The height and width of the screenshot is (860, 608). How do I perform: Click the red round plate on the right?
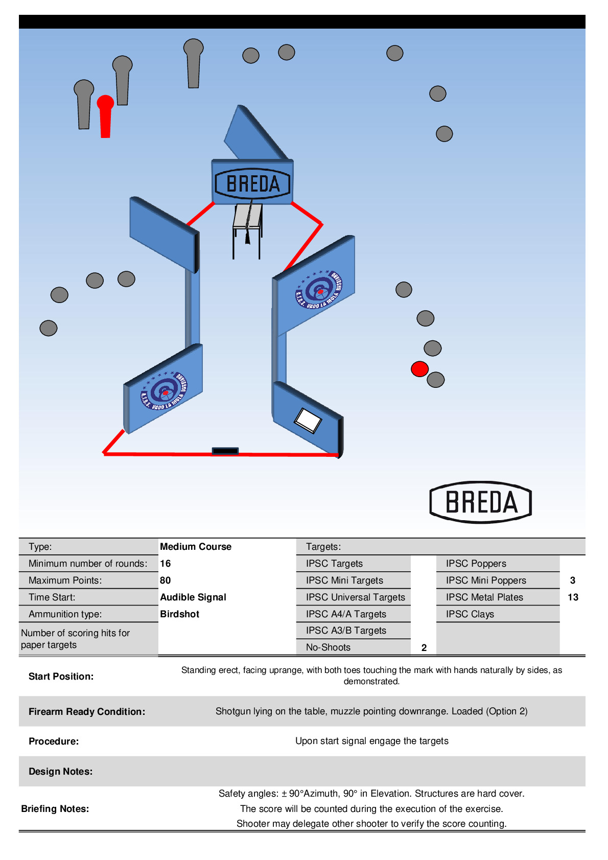click(x=419, y=369)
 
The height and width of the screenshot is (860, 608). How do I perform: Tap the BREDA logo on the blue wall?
click(x=252, y=183)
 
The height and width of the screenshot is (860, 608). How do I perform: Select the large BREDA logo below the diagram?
click(x=481, y=502)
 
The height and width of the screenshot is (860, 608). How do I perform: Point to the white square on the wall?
click(x=308, y=420)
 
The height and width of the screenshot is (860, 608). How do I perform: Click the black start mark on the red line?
click(x=225, y=451)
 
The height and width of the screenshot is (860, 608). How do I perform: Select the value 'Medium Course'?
click(x=196, y=547)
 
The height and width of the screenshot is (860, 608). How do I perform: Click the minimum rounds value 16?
click(x=166, y=564)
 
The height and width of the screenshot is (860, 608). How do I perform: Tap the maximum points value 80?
click(x=166, y=580)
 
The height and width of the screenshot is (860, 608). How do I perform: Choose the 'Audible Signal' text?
click(x=193, y=597)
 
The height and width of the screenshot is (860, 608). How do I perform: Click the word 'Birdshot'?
click(x=180, y=614)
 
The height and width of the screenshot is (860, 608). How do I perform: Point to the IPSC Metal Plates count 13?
click(x=573, y=597)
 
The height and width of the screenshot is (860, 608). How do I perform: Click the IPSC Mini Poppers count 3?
click(x=573, y=580)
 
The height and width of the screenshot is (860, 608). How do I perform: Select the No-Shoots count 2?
click(x=424, y=648)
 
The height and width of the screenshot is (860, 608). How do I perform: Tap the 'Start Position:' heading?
click(x=61, y=677)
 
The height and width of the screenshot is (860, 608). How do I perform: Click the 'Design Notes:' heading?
click(x=60, y=772)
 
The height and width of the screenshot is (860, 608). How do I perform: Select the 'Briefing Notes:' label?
click(x=55, y=809)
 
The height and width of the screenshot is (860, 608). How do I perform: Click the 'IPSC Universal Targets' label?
click(x=356, y=597)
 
